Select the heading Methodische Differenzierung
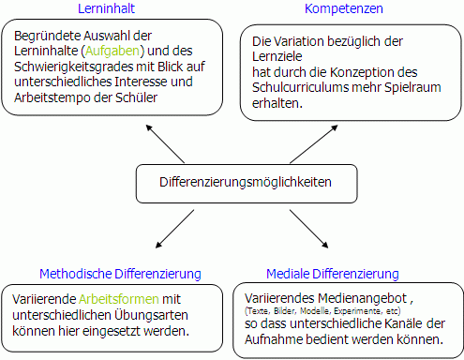[120, 274]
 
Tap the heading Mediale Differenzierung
[333, 274]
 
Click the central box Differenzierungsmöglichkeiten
[232, 182]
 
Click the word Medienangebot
[352, 296]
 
